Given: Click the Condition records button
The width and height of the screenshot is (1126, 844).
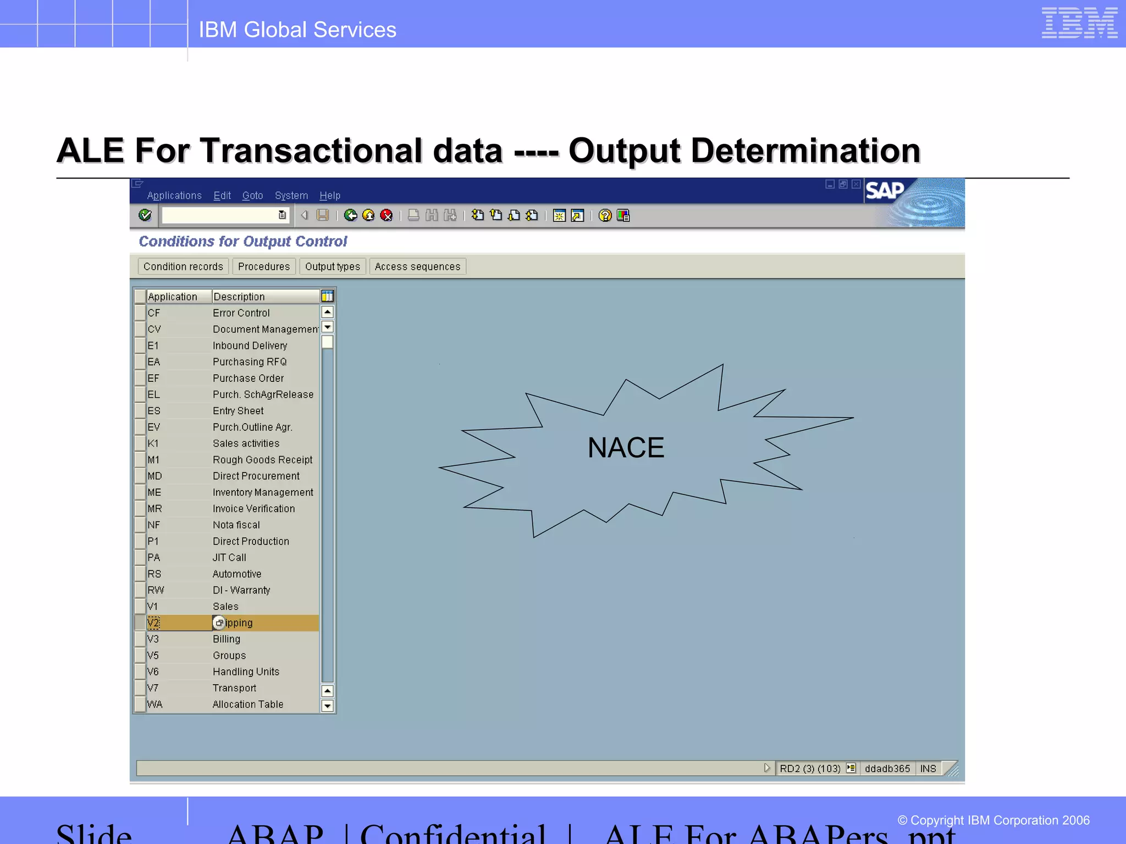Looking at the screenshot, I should [x=183, y=266].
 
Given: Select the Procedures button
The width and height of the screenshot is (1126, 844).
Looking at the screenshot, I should [x=264, y=266].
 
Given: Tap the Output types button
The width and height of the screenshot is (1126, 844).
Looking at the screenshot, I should [x=332, y=266].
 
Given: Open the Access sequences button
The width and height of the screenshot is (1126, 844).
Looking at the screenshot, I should [x=417, y=266].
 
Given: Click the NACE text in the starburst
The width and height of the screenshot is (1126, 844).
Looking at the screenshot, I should [x=626, y=447].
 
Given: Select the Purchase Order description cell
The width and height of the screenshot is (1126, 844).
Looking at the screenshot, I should [x=248, y=378].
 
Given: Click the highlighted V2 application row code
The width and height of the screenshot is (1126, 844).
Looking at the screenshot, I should [x=153, y=623].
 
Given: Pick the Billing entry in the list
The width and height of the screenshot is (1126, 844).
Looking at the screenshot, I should [x=227, y=639].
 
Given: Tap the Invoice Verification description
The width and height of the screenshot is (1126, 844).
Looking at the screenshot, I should [x=253, y=509].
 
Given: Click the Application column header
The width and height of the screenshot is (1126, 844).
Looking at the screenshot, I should [x=173, y=297].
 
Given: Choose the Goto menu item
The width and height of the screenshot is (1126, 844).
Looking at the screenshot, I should [x=252, y=196].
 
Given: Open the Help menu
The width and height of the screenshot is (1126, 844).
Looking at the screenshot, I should [x=330, y=196].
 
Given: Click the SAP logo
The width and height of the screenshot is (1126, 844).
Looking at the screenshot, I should [x=884, y=191].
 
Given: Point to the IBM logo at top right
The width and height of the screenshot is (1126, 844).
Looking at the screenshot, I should [x=1079, y=23].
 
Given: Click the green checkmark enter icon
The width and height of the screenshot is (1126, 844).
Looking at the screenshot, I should [x=145, y=215].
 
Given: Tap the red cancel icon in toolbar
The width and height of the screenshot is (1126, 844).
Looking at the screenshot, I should [x=387, y=215].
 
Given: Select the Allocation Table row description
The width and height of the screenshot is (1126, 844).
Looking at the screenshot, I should [x=248, y=704].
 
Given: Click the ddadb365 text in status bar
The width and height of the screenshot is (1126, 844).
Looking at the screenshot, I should [x=887, y=769].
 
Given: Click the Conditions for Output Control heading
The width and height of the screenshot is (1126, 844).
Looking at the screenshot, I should [x=243, y=241].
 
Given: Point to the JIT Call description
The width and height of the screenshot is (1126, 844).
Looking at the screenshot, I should [x=229, y=558].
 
